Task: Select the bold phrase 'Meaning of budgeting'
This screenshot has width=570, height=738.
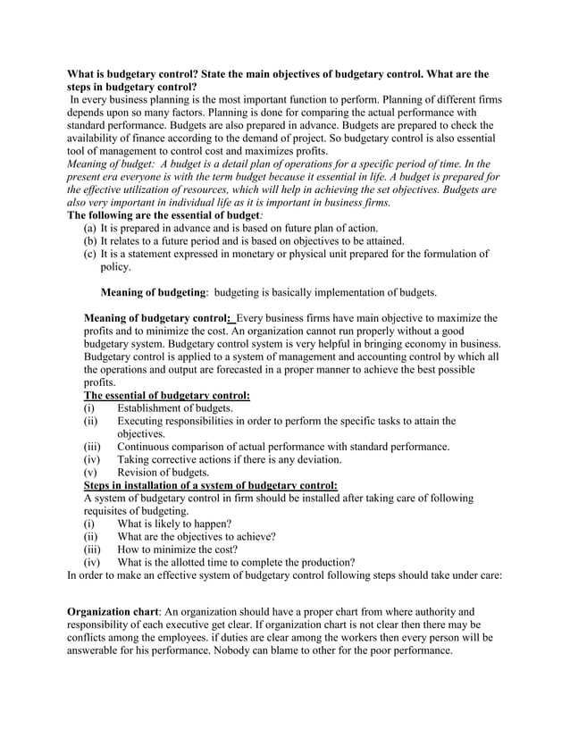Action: click(154, 292)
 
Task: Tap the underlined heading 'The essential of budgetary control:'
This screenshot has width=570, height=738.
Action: click(166, 396)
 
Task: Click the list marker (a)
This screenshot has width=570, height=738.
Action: click(90, 228)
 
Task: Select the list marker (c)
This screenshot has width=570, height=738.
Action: click(90, 254)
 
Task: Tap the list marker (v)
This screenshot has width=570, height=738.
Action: click(90, 473)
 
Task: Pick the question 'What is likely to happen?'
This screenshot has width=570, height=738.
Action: click(174, 524)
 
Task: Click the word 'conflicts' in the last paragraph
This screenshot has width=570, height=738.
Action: click(90, 638)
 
